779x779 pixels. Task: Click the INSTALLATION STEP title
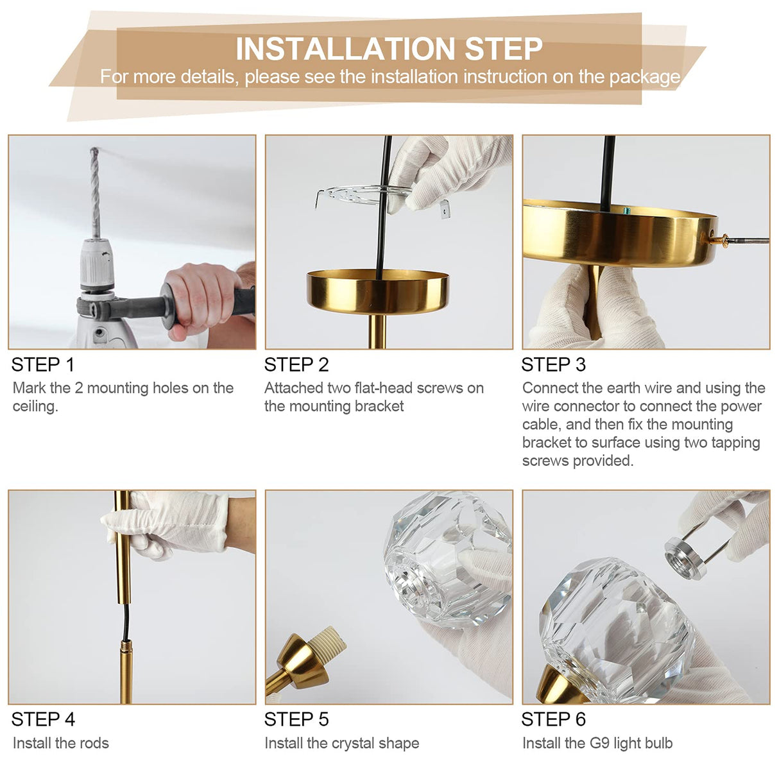point(389,49)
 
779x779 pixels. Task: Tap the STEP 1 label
point(43,365)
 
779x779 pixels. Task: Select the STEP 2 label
point(296,365)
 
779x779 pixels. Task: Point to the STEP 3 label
point(553,365)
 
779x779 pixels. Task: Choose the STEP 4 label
point(43,719)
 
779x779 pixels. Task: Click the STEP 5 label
point(296,719)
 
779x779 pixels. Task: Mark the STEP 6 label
point(553,719)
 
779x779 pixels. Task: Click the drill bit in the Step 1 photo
point(96,193)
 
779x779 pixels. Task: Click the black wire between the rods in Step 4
point(126,623)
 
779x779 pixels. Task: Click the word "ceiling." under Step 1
point(35,407)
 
